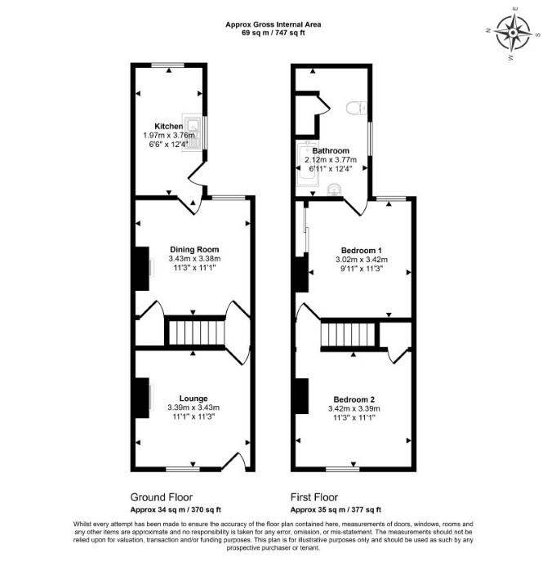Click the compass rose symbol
[513, 33]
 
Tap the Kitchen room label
[169, 126]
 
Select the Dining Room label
[194, 249]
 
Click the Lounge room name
[193, 399]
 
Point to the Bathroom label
[331, 150]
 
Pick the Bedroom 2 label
[354, 399]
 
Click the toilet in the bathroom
[357, 108]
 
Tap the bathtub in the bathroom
[307, 163]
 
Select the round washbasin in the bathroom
[335, 190]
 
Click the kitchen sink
[193, 132]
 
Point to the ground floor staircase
[196, 333]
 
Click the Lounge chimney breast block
[142, 398]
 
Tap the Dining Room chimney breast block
[142, 269]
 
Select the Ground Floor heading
[161, 497]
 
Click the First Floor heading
[314, 497]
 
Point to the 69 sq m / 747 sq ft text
[273, 33]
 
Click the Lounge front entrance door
[234, 462]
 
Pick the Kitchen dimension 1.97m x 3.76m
[169, 136]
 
